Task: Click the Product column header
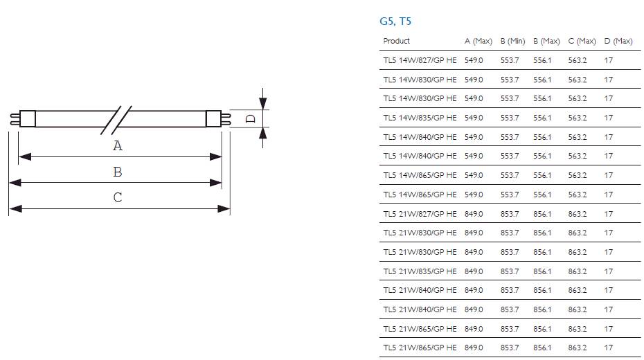tap(397, 42)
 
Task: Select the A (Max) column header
tap(478, 42)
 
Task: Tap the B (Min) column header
tap(512, 42)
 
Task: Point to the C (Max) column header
tap(582, 42)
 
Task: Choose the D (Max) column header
tap(618, 42)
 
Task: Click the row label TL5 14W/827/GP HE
tap(420, 61)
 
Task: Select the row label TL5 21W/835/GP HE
tap(420, 271)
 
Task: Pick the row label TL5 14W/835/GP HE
tap(420, 118)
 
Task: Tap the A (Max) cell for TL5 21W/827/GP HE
tap(474, 214)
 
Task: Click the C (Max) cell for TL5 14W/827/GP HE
tap(577, 61)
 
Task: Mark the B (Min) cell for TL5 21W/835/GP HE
tap(509, 271)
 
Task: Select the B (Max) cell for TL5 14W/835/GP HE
tap(542, 118)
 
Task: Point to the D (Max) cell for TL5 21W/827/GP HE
tap(608, 214)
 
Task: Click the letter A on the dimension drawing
tap(118, 146)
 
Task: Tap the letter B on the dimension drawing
tap(118, 172)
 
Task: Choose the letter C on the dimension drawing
tap(118, 197)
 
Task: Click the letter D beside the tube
tap(251, 118)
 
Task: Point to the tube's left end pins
tap(14, 118)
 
